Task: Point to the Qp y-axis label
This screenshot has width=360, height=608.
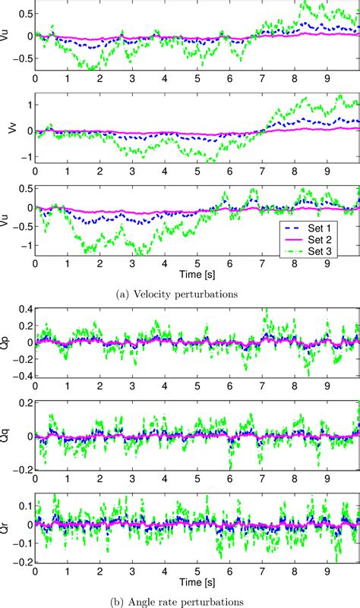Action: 7,342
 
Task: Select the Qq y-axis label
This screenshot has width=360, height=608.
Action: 7,436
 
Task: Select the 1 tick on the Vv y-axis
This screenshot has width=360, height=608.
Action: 27,104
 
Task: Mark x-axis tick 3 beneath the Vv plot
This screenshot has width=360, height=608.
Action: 133,173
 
